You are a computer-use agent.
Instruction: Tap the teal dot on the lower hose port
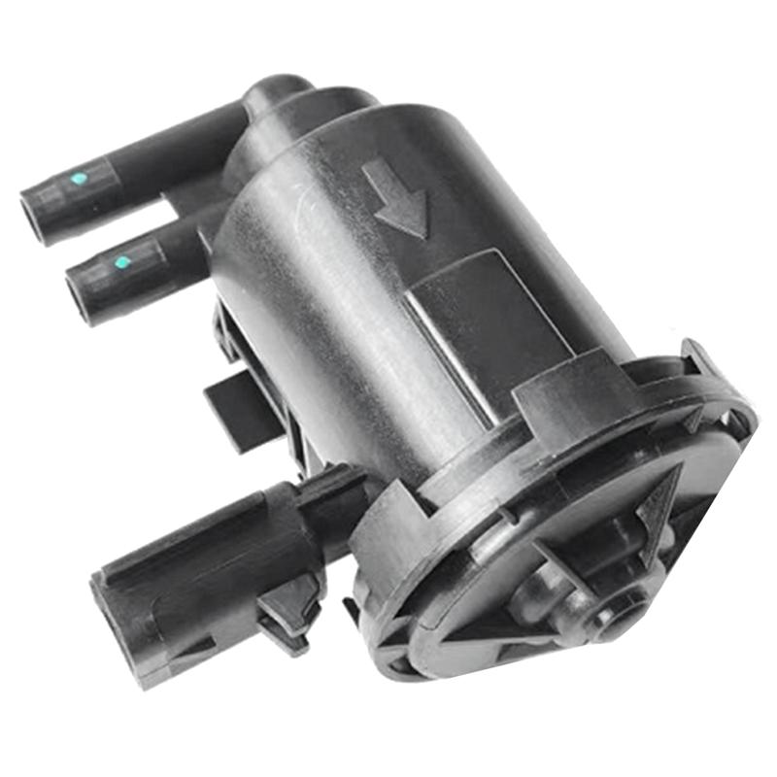(x=121, y=262)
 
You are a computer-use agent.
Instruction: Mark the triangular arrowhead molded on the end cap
(x=660, y=515)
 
